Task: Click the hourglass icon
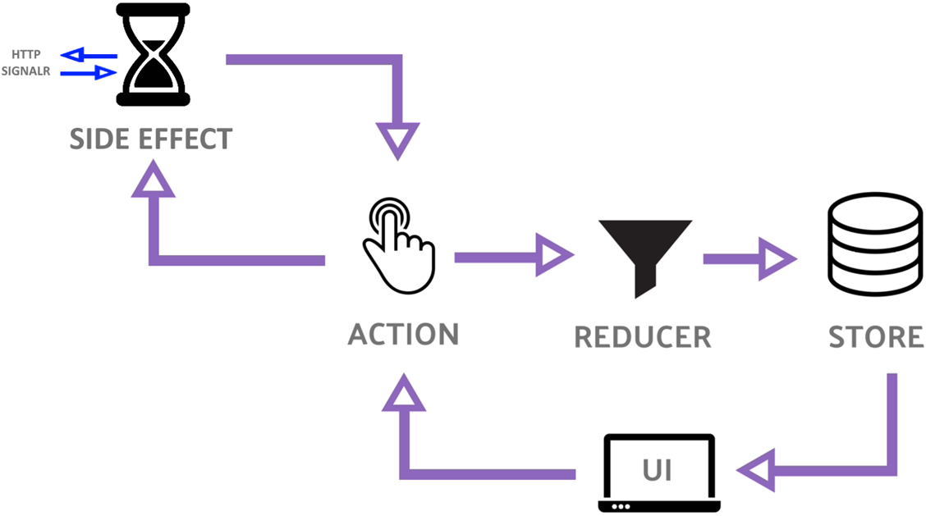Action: [154, 55]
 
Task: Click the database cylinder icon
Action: [874, 247]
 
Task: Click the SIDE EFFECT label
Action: [151, 139]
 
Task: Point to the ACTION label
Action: [403, 335]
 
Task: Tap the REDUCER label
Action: [642, 336]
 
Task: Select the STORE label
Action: [875, 337]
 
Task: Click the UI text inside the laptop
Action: [658, 470]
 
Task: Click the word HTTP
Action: [25, 55]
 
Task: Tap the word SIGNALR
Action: [25, 71]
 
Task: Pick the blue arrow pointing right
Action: [90, 73]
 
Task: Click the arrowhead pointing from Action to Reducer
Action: [554, 257]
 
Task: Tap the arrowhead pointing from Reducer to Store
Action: [777, 258]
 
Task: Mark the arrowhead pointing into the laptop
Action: [756, 471]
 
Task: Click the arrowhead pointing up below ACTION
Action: [403, 395]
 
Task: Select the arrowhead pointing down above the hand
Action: [397, 139]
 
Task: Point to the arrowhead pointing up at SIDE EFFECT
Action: [154, 180]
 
